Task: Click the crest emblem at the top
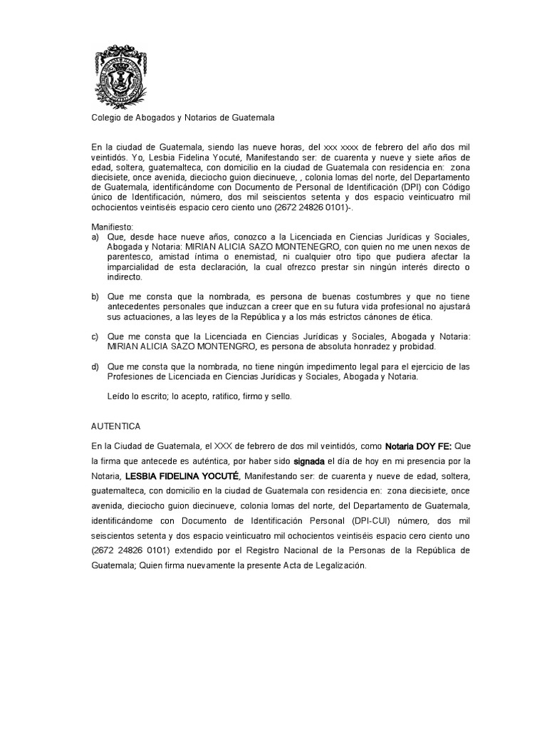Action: point(120,75)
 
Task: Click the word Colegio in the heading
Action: point(108,118)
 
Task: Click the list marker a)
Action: point(95,236)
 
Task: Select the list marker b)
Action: point(95,296)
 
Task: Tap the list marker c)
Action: point(95,336)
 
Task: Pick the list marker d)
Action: point(95,366)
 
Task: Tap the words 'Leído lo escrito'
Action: point(135,396)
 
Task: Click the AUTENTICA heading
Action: point(116,426)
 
